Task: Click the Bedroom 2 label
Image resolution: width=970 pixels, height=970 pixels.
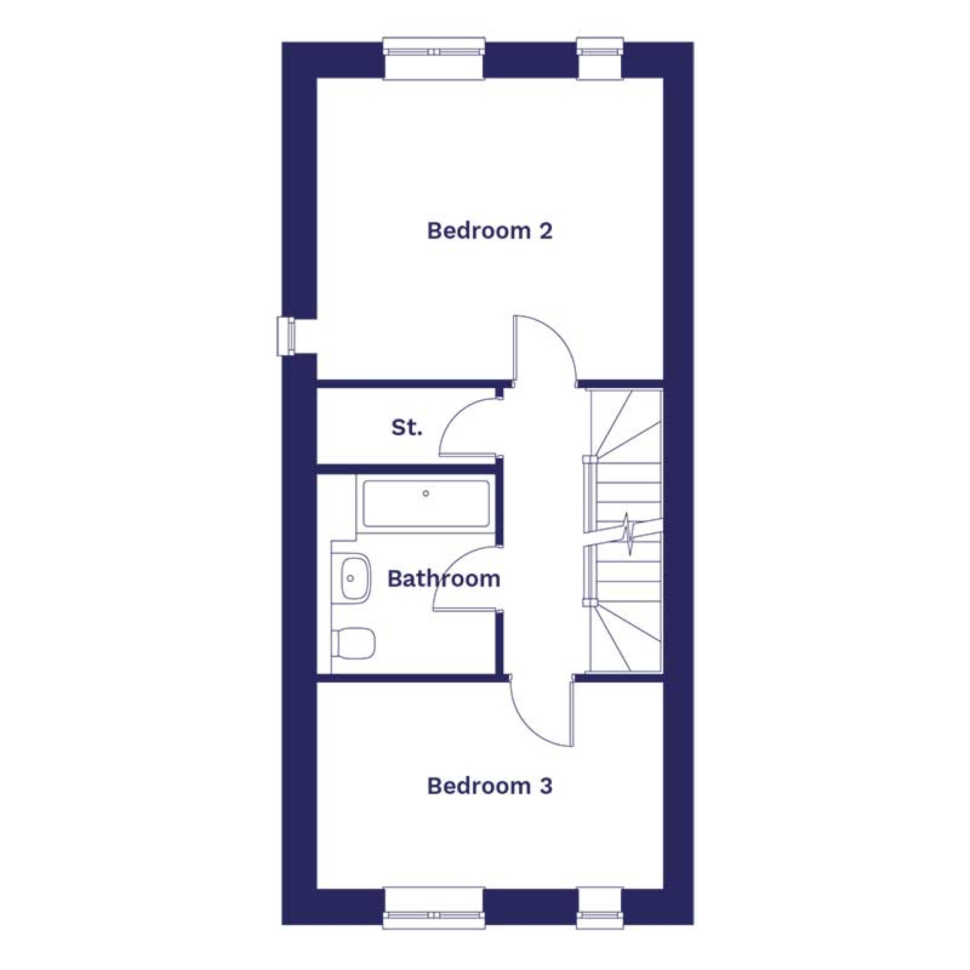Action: point(490,231)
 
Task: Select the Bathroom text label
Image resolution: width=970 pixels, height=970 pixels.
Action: point(444,579)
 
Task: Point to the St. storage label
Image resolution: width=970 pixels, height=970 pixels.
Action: point(407,428)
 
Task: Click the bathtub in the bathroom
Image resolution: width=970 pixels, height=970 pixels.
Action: point(426,504)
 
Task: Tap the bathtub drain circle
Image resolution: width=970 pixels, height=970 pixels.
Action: point(426,494)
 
